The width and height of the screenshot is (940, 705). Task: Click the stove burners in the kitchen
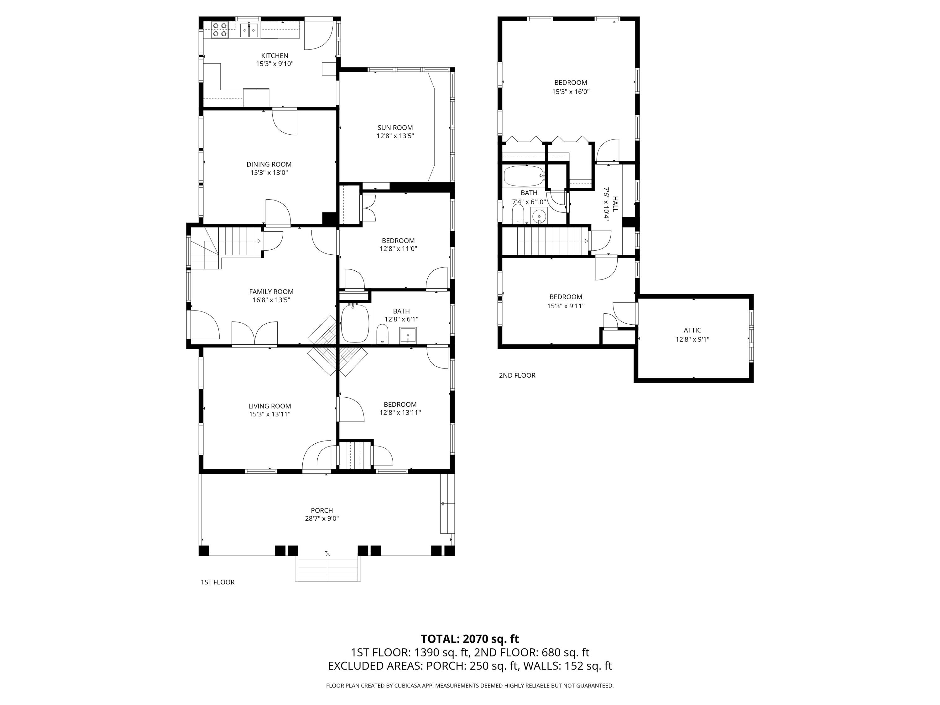(x=220, y=30)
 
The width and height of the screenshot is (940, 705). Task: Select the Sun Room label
(x=395, y=128)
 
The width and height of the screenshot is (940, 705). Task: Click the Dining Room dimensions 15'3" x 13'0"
(x=269, y=173)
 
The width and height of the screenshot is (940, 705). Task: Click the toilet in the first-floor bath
(x=383, y=334)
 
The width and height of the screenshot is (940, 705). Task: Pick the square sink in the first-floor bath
(x=408, y=336)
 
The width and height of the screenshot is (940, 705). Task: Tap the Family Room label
(x=271, y=291)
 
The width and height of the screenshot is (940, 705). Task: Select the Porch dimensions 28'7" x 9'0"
(x=322, y=519)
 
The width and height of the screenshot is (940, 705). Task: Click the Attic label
(x=692, y=330)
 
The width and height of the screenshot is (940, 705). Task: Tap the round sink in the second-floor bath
(x=539, y=216)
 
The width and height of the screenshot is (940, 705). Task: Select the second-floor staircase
(x=552, y=241)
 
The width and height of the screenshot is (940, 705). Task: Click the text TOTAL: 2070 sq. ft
(x=470, y=639)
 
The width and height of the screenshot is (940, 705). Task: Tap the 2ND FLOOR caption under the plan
(x=517, y=375)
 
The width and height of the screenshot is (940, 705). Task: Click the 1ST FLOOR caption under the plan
(x=217, y=582)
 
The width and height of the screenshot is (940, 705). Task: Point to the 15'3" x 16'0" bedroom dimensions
(x=570, y=91)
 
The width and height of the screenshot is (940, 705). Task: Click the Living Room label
(x=269, y=406)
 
